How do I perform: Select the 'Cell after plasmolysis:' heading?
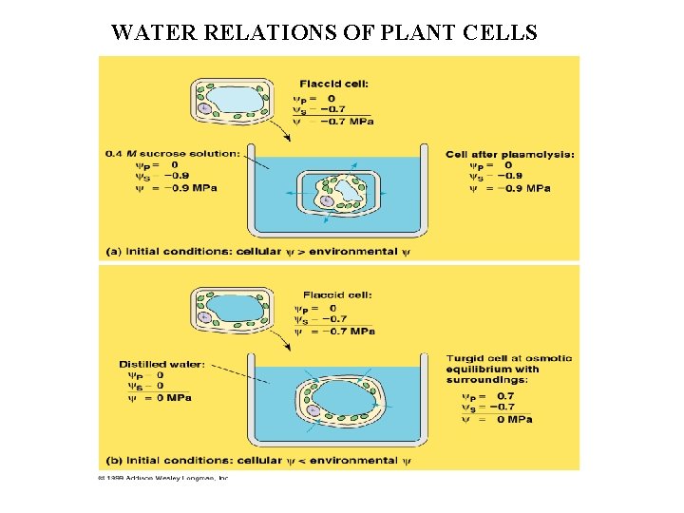tap(508, 153)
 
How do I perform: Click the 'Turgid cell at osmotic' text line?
tap(509, 358)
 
